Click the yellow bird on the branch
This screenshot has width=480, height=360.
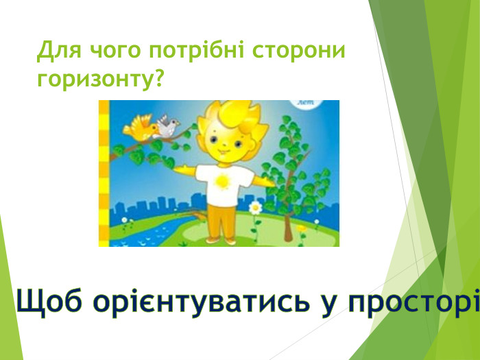(x=141, y=127)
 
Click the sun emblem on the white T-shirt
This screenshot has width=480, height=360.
(x=221, y=182)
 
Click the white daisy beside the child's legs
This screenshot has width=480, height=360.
(x=255, y=206)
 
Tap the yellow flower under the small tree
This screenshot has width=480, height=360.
(x=301, y=228)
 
